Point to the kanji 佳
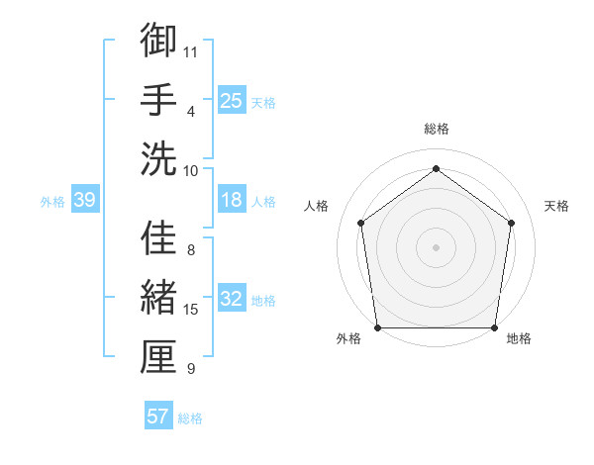pos(158,238)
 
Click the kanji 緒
pos(158,298)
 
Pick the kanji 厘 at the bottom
pos(158,357)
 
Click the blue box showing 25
pos(231,100)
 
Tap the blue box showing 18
pos(231,200)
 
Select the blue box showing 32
pos(231,299)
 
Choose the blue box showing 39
pos(84,200)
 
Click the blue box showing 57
pos(157,417)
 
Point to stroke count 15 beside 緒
pos(191,310)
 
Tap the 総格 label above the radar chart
pos(436,129)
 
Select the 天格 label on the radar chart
pos(557,206)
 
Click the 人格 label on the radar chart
pos(316,206)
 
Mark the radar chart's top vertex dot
pos(436,169)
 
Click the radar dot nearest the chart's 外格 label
pos(377,326)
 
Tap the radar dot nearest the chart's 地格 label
pos(494,326)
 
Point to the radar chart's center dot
pos(436,246)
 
